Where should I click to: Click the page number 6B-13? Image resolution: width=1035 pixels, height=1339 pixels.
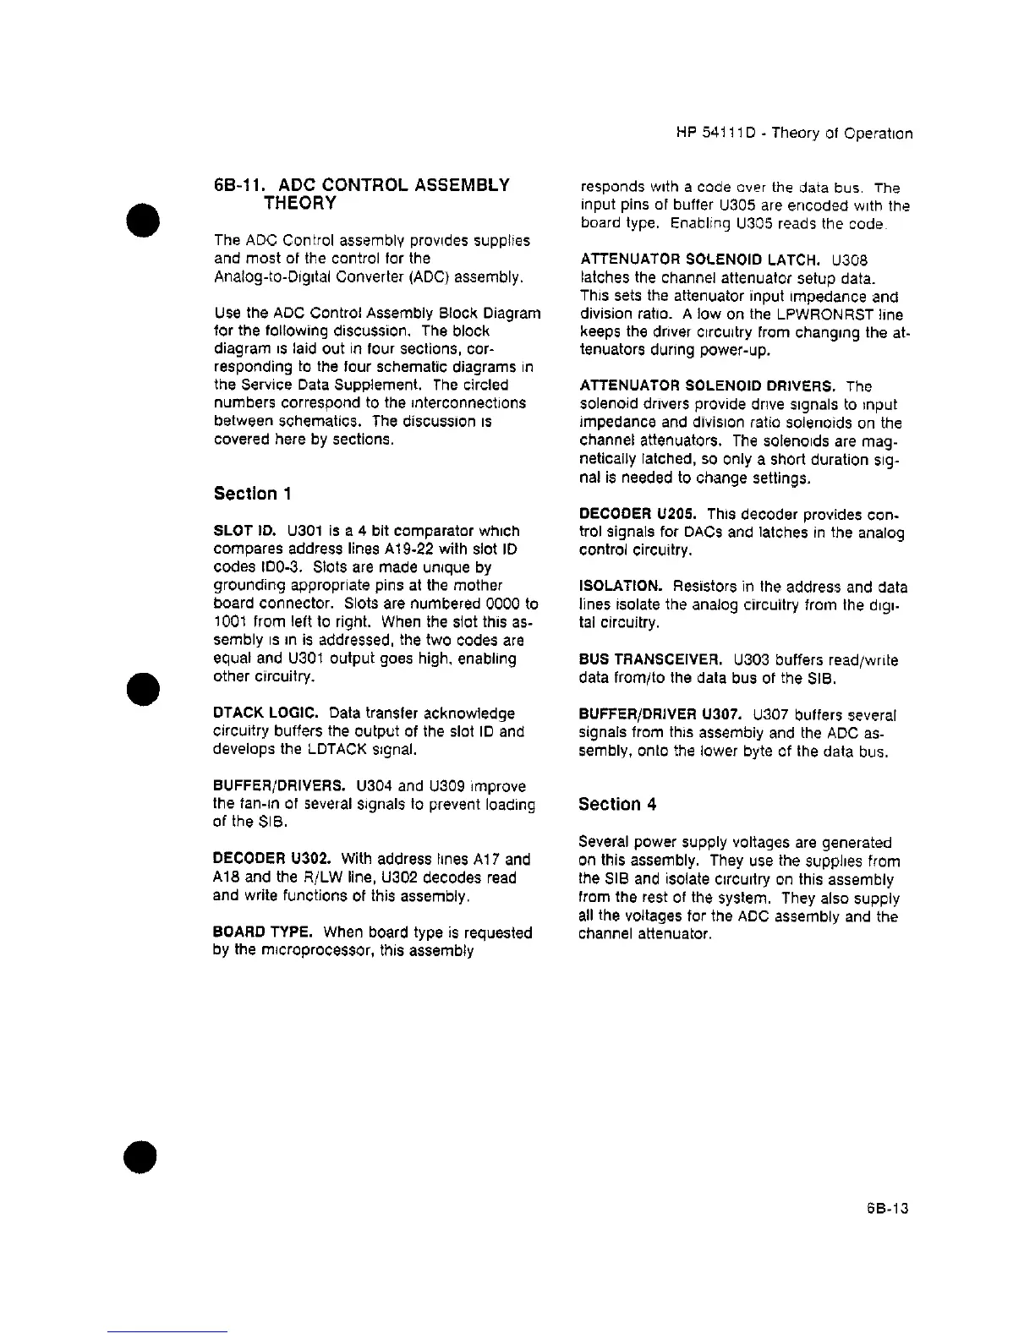pyautogui.click(x=887, y=1209)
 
